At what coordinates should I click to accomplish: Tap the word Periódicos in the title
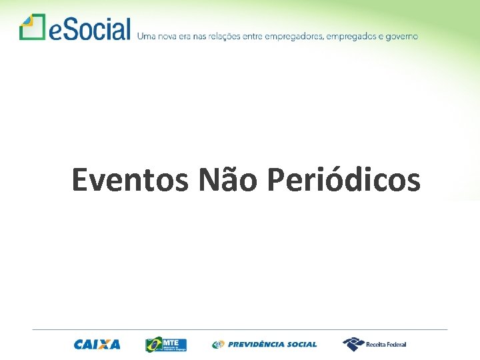coord(343,180)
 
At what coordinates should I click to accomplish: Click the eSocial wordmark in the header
coord(90,29)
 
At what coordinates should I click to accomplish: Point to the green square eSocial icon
coord(31,27)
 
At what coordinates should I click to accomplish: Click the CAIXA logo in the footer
coord(97,345)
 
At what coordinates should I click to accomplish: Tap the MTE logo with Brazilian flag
coord(165,345)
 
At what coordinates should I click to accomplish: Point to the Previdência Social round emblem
coord(218,345)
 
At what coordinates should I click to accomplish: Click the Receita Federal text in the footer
coord(387,345)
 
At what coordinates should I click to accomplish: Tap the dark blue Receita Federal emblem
coord(353,344)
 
